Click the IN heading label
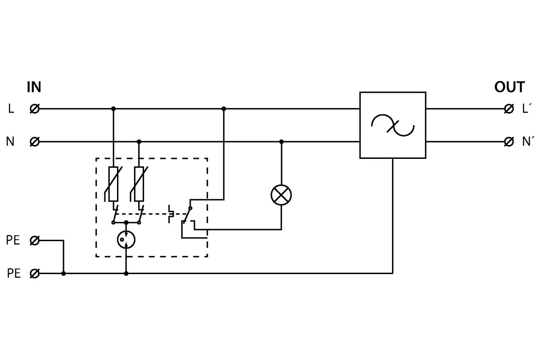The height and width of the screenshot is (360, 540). click(x=34, y=87)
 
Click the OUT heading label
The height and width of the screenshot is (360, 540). click(x=509, y=87)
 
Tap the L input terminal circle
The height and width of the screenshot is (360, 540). click(x=34, y=108)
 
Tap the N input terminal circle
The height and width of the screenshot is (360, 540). click(x=34, y=142)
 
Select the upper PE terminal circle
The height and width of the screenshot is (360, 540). click(x=34, y=241)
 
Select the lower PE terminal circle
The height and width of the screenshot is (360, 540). click(x=34, y=273)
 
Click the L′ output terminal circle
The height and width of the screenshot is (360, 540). click(x=509, y=108)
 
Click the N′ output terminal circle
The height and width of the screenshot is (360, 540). click(x=509, y=142)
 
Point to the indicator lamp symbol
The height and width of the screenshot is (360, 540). click(x=281, y=195)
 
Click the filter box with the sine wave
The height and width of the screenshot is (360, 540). click(x=393, y=125)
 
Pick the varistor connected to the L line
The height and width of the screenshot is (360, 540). click(x=113, y=184)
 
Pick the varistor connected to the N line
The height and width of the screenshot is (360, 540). click(x=139, y=184)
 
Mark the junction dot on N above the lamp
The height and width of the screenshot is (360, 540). click(x=282, y=142)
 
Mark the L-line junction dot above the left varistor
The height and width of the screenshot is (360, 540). click(x=113, y=108)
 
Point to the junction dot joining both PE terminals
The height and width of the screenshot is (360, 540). click(x=63, y=273)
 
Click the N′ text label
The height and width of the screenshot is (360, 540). click(x=528, y=141)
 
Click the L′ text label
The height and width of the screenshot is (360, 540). click(x=527, y=108)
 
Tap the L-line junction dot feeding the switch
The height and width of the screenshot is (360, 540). click(x=224, y=108)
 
